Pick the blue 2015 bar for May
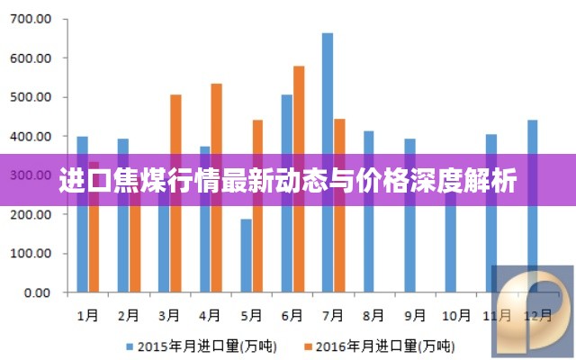pos(246,261)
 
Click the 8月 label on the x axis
pos(373,316)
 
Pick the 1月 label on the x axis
pos(88,316)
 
